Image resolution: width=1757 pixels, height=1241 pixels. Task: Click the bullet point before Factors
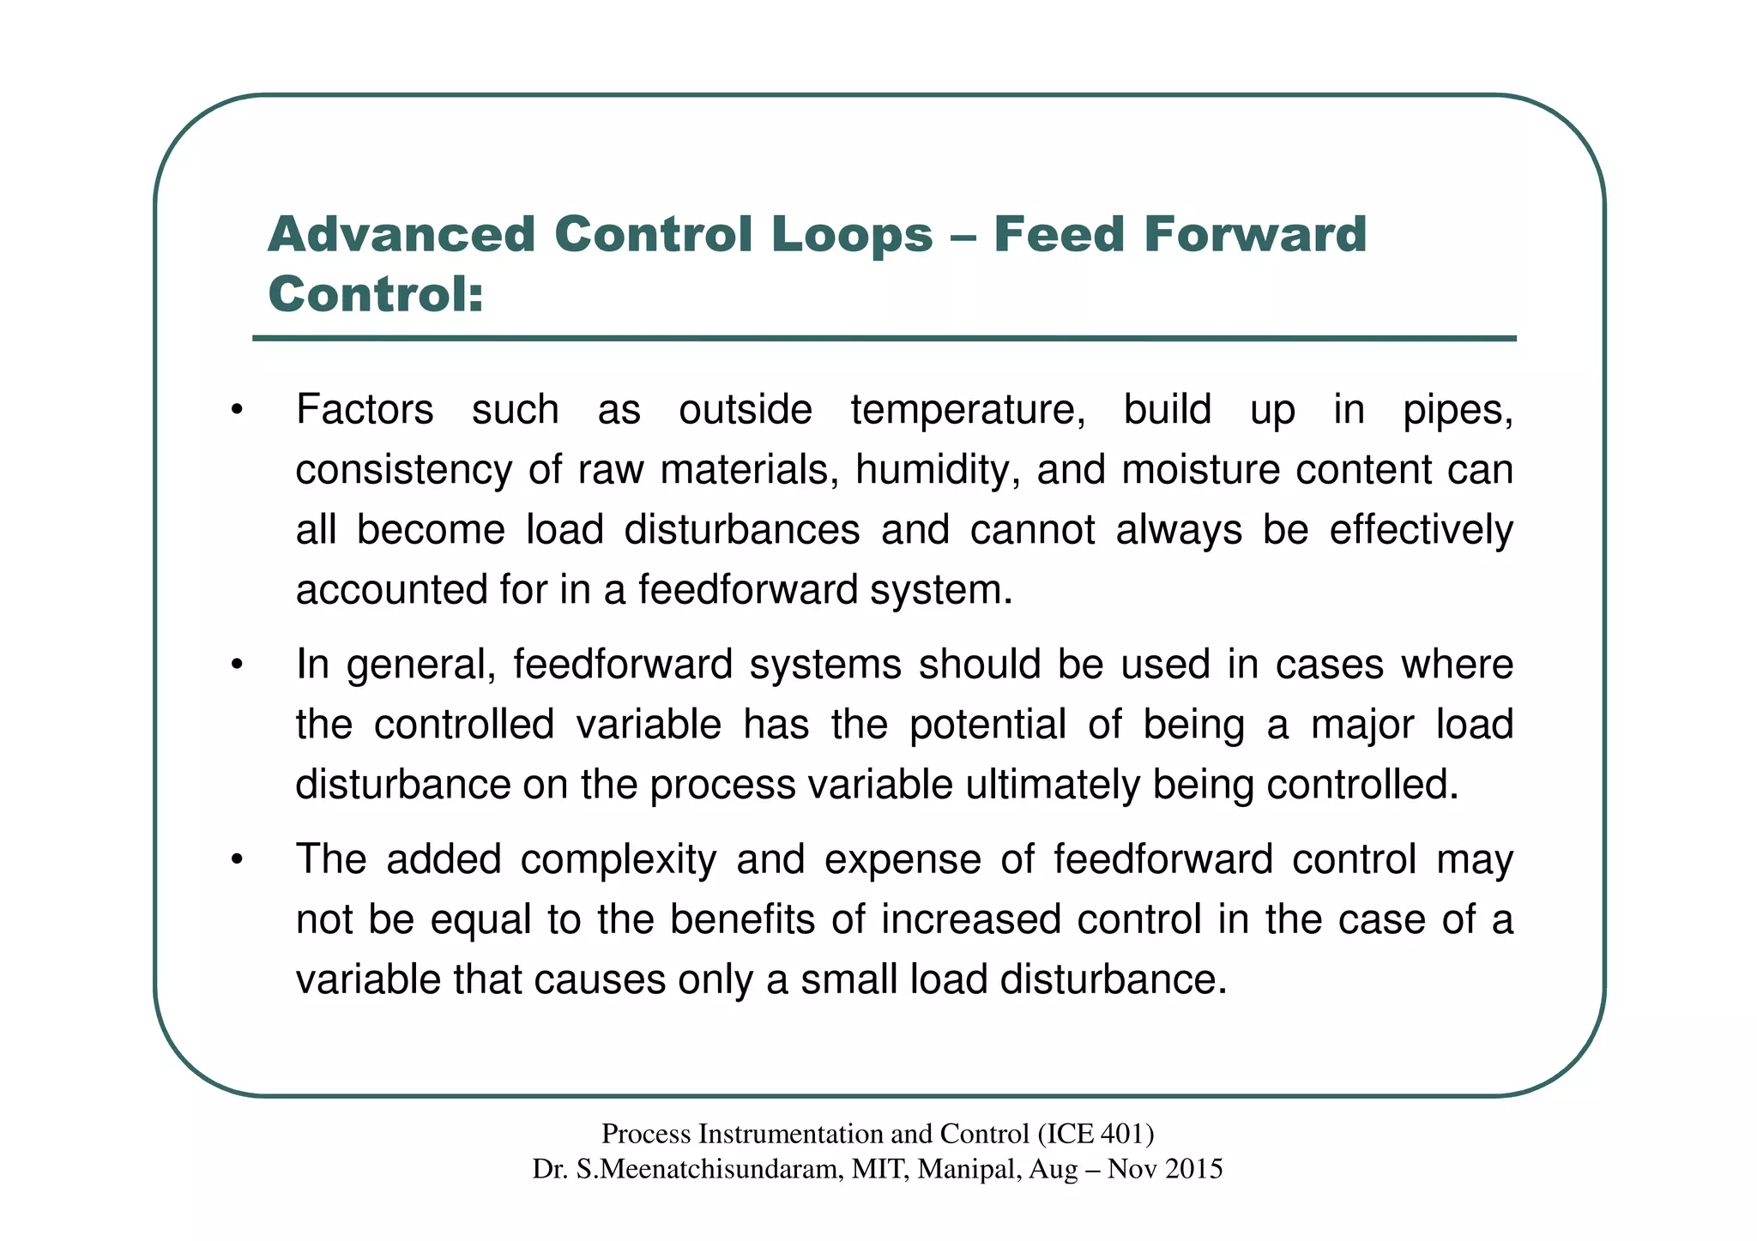coord(237,409)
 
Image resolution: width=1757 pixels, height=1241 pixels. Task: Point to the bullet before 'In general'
coord(237,665)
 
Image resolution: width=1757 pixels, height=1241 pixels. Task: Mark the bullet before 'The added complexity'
coord(237,859)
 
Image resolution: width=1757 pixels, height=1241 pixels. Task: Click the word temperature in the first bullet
coord(968,410)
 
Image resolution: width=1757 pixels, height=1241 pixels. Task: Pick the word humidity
coord(938,470)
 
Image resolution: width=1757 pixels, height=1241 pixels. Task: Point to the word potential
coord(987,725)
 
